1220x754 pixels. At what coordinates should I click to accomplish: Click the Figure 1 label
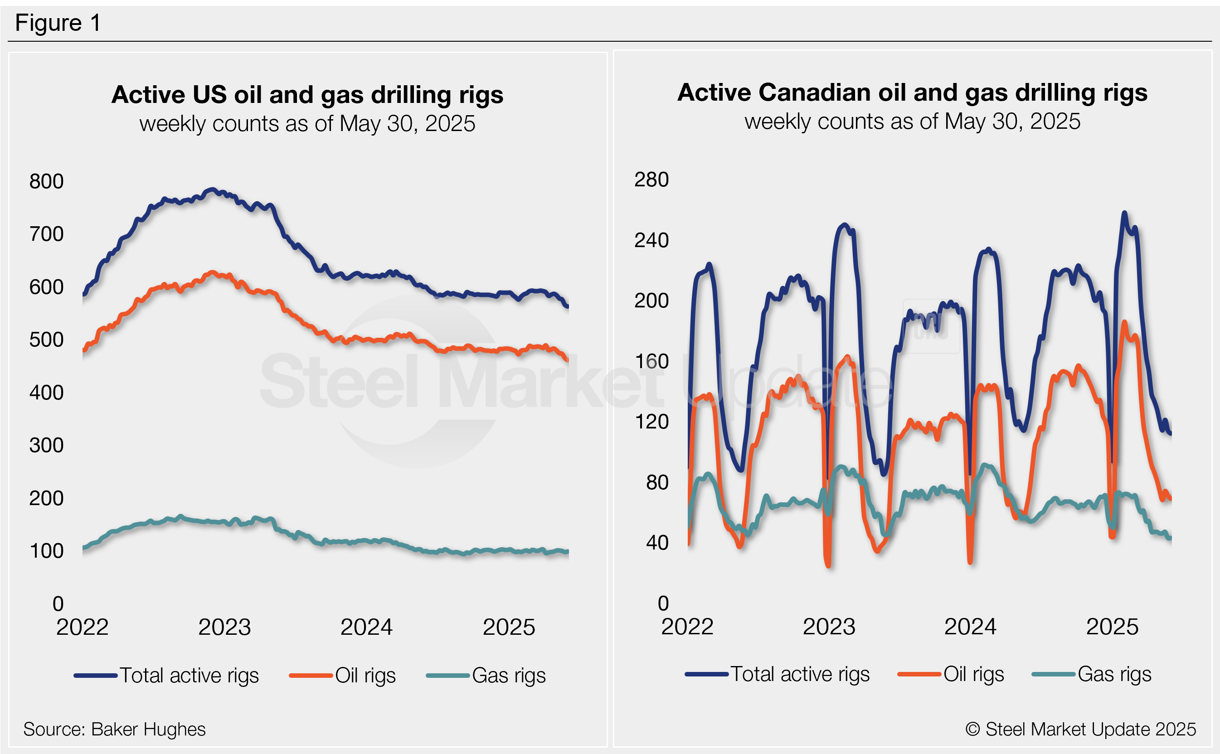[58, 23]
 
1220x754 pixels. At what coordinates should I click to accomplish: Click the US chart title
[307, 94]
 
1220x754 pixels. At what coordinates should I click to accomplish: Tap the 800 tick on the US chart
[46, 181]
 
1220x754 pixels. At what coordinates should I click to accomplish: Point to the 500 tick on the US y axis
[46, 340]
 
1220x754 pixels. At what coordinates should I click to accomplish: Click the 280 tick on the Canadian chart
[651, 180]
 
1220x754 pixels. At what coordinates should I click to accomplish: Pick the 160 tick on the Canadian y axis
[651, 361]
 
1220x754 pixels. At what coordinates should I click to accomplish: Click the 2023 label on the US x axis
[224, 627]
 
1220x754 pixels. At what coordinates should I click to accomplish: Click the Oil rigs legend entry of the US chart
[365, 675]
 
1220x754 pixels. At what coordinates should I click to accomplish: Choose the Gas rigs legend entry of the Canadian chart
[1114, 674]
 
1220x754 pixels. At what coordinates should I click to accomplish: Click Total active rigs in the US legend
[189, 675]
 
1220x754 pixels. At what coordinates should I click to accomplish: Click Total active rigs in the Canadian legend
[800, 674]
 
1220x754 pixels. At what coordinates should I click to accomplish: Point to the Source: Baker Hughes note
[114, 729]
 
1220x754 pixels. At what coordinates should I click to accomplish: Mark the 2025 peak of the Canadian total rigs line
[1124, 213]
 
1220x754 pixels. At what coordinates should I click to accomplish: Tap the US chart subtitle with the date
[307, 123]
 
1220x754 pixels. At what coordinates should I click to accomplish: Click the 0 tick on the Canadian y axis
[663, 603]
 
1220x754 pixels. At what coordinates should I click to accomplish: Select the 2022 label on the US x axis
[82, 627]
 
